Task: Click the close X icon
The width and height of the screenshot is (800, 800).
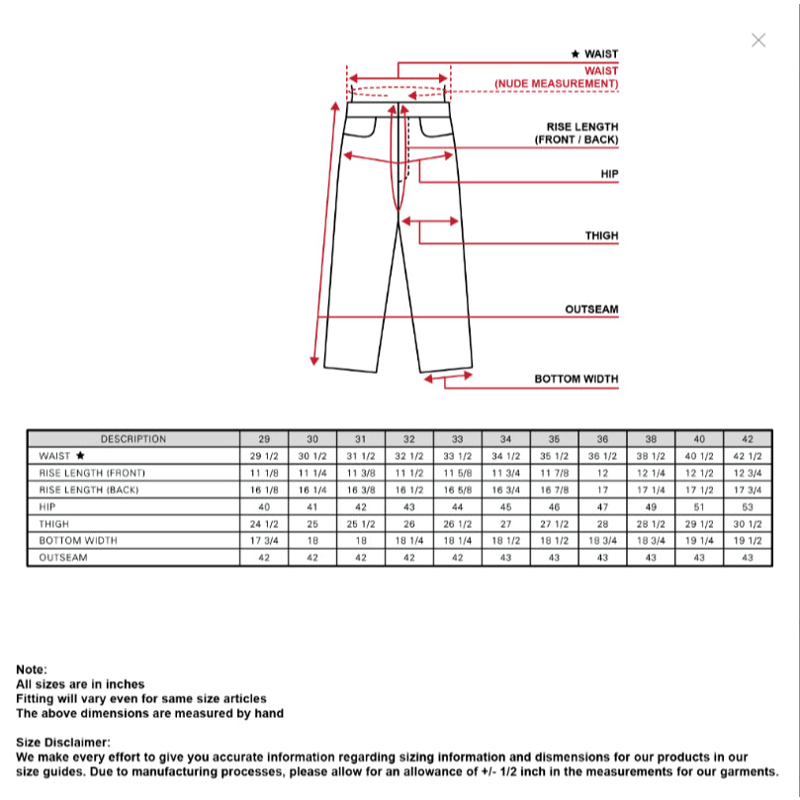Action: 758,40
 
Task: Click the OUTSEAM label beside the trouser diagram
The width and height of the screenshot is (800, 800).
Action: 591,310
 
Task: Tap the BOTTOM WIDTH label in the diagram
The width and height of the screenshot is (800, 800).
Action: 577,379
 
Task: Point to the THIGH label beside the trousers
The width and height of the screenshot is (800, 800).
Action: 601,235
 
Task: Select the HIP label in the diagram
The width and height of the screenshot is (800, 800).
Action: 609,174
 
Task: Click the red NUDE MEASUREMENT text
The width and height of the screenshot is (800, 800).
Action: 557,84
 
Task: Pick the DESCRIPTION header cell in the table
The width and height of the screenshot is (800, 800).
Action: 133,439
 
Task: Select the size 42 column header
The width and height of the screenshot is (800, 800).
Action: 748,439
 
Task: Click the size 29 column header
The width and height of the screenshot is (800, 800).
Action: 264,439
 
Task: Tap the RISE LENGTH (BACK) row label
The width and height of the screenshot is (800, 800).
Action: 89,489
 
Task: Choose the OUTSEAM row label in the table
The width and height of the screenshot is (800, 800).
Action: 63,558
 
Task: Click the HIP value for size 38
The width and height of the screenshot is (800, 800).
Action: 651,506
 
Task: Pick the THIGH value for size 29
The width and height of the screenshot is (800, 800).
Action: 264,523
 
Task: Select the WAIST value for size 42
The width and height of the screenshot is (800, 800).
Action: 748,456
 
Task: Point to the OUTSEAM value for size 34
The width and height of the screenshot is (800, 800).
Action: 505,558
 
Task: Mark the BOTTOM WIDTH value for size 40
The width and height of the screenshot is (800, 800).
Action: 699,541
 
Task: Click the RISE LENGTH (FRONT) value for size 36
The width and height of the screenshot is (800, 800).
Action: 602,473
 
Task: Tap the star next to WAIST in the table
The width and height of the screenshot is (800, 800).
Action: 80,456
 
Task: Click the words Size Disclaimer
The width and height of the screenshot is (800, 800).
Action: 62,742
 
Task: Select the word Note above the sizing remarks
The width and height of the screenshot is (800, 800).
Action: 32,669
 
